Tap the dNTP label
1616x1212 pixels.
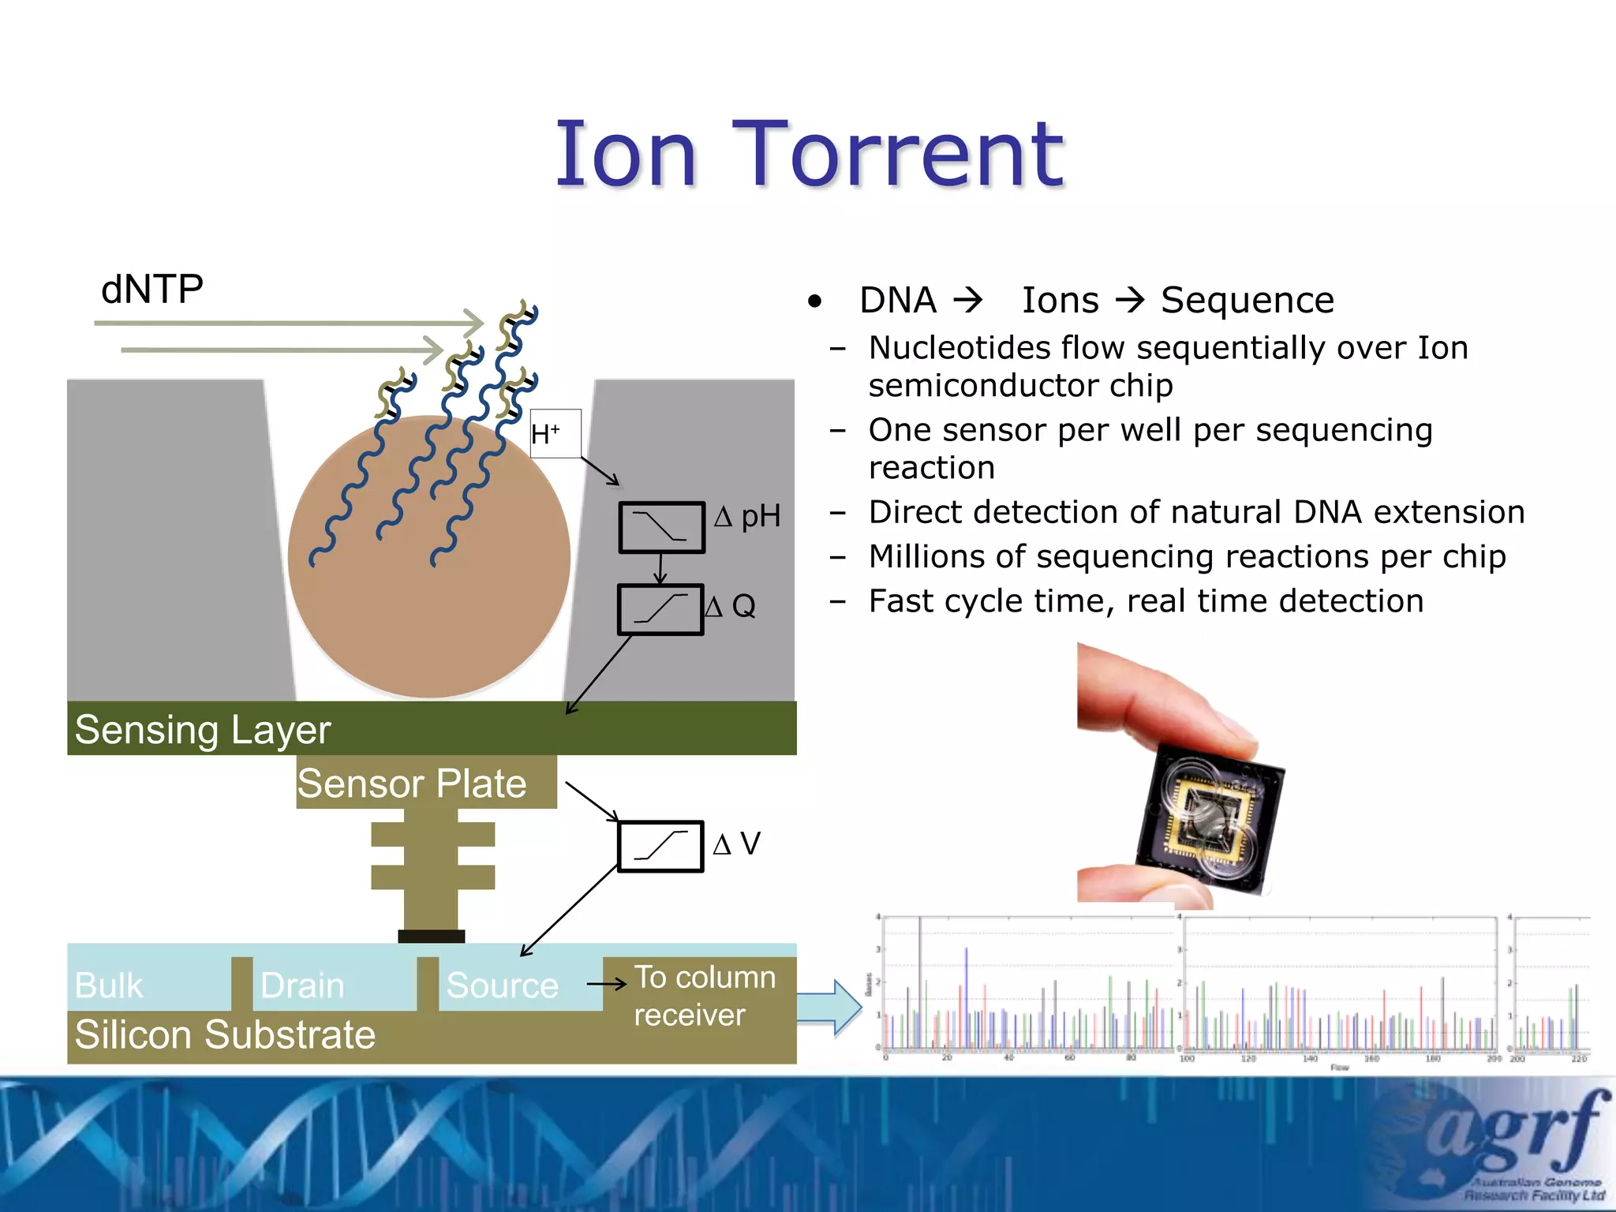tap(152, 289)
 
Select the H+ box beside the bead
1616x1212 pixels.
tap(555, 433)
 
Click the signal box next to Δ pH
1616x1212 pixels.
tap(661, 526)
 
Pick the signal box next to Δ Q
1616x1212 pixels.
tap(660, 609)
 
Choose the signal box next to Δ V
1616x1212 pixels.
tap(660, 846)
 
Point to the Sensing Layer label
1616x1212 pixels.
tap(203, 729)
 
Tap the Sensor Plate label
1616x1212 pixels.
tap(412, 783)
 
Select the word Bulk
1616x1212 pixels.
tap(109, 985)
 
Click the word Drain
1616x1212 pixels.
tap(302, 985)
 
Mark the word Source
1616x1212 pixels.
tap(502, 985)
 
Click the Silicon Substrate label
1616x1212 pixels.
tap(225, 1034)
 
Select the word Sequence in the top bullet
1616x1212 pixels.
tap(1247, 300)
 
